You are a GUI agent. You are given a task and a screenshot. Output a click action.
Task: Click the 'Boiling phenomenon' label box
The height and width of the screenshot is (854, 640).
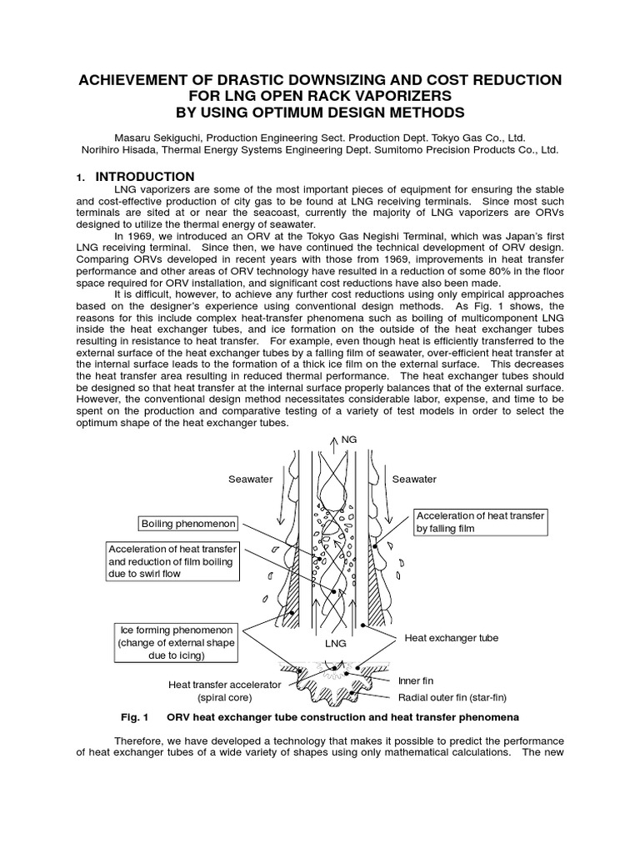coord(189,524)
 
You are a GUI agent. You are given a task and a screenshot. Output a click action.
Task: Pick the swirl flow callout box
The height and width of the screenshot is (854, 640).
coord(172,560)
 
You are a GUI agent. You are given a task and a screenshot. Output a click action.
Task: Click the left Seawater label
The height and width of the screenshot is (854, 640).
coord(250,479)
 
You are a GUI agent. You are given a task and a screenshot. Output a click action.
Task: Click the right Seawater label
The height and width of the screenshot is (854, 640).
coord(415,479)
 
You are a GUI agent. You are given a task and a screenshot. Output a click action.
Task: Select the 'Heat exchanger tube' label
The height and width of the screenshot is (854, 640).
coord(451,637)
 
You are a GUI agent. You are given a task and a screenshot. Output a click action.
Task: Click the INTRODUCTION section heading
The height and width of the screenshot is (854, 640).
coord(145,177)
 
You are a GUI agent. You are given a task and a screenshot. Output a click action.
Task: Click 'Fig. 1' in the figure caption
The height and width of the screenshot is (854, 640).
coord(134,717)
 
